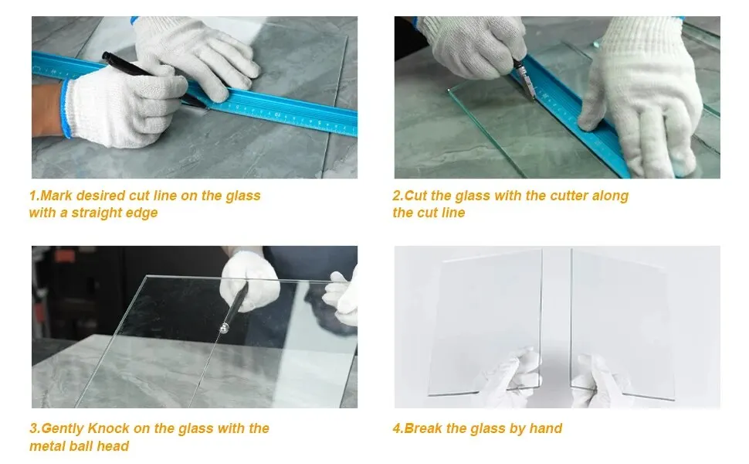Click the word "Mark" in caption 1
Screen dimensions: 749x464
tap(57, 196)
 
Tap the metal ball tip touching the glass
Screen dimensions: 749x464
tap(224, 328)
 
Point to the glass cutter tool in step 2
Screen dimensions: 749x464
tap(524, 80)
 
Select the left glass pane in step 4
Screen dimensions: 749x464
tap(485, 323)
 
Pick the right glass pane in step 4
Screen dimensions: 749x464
tap(622, 324)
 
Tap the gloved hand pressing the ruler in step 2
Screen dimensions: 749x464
tap(640, 96)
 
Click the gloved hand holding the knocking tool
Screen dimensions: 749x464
tap(249, 281)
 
